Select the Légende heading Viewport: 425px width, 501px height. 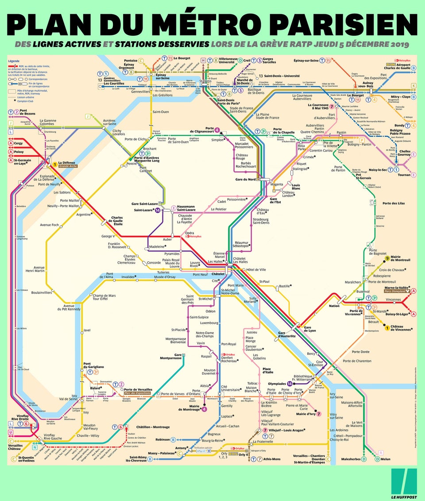pos(14,61)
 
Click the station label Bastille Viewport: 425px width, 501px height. pos(285,287)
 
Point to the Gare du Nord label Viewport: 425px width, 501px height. pos(246,179)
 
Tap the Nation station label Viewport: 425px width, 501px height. pos(334,306)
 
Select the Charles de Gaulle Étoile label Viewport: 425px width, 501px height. pos(117,220)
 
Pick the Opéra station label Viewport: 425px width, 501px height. pos(189,233)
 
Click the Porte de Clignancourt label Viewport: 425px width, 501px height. pos(201,131)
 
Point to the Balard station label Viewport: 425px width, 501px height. pos(96,388)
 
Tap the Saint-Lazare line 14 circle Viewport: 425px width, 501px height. pos(158,210)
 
